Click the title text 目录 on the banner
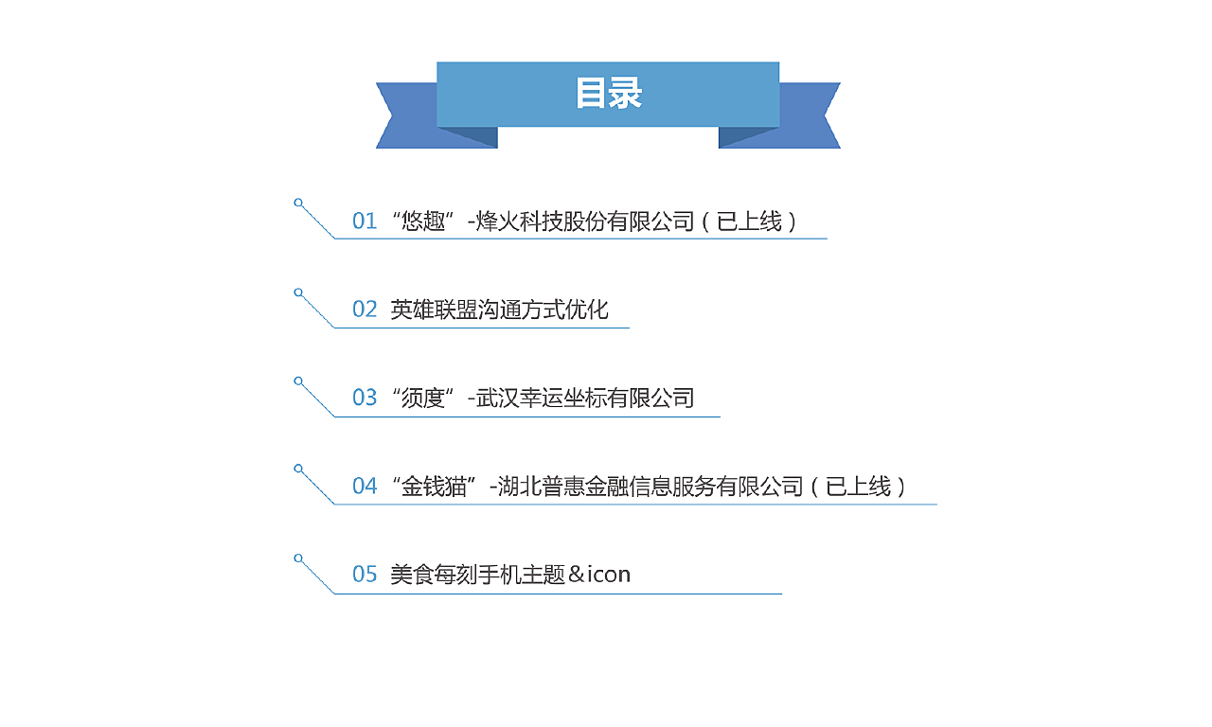608,93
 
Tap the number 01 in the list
365,222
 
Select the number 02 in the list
365,310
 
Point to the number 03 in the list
365,398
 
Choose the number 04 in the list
365,486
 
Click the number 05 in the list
365,574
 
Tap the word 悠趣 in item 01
423,222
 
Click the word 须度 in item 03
423,399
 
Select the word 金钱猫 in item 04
434,487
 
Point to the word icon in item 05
609,575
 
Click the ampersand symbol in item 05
577,575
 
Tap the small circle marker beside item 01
298,203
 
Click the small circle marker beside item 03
298,381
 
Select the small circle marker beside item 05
298,559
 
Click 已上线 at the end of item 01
749,222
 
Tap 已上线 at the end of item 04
858,487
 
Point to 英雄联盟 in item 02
434,310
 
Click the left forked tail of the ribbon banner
410,115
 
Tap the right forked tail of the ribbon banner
806,115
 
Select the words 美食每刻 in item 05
434,575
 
